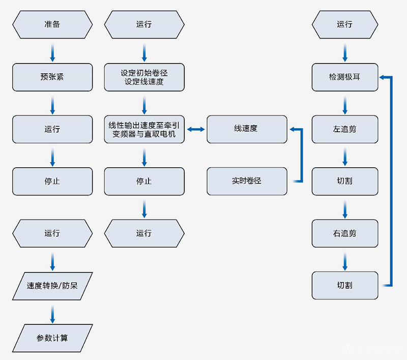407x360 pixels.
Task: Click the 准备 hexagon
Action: [x=52, y=24]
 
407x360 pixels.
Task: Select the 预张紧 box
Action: [x=52, y=77]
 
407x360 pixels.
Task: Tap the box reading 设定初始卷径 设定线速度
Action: [x=144, y=77]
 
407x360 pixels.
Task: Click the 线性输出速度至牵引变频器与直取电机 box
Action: [x=144, y=129]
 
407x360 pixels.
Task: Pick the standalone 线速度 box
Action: [x=247, y=129]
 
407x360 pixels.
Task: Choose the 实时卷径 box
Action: [x=247, y=181]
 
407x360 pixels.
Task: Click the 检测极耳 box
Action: [x=345, y=77]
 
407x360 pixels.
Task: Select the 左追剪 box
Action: [x=345, y=129]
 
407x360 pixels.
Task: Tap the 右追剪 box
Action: [x=345, y=233]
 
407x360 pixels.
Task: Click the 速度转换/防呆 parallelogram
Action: [x=52, y=286]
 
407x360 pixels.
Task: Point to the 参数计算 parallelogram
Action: [x=52, y=338]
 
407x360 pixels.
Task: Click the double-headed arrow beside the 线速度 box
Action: [x=196, y=129]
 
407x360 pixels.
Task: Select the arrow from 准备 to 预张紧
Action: [x=52, y=53]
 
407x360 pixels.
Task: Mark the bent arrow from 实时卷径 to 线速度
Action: [x=302, y=156]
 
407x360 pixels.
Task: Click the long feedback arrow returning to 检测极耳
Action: [x=391, y=181]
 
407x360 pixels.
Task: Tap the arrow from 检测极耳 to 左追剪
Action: [x=345, y=105]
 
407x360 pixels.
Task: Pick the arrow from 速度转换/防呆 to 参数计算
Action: [x=52, y=314]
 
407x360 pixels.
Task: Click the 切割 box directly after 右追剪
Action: [x=345, y=286]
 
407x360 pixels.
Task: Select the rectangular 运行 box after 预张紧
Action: [x=52, y=129]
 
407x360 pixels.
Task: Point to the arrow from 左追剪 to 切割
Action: [x=345, y=157]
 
